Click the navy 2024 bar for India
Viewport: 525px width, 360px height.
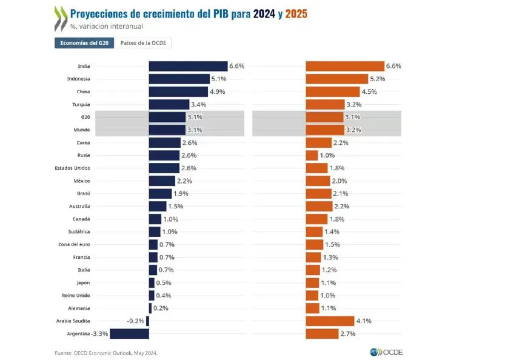pyautogui.click(x=188, y=66)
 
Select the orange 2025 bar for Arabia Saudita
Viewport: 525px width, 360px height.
pyautogui.click(x=330, y=321)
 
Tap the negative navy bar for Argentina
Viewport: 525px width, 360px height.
pyautogui.click(x=129, y=334)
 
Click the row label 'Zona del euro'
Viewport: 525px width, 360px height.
pyautogui.click(x=75, y=245)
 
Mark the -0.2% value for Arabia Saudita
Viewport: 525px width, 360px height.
pyautogui.click(x=135, y=321)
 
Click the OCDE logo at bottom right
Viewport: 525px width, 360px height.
pyautogui.click(x=386, y=352)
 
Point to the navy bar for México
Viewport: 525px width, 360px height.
pyautogui.click(x=162, y=181)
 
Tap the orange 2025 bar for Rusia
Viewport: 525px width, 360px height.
pyautogui.click(x=312, y=156)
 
